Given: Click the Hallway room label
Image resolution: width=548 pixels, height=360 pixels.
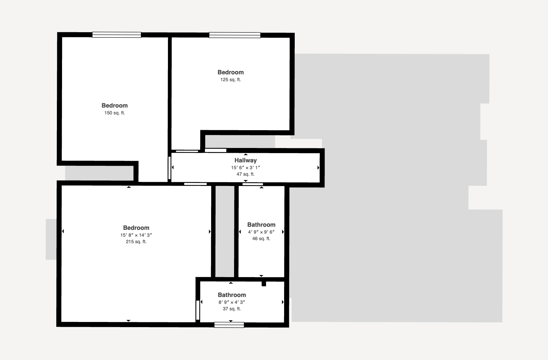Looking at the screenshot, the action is coord(246,160).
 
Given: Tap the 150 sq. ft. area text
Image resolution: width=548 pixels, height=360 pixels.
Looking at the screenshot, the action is coord(115,113).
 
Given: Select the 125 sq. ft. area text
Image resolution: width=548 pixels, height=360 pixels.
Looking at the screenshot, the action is coord(231,80).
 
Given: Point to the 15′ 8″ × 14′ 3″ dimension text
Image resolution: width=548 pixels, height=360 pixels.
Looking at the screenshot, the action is coord(136,235).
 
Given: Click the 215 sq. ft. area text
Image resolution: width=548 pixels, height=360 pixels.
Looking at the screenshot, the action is coord(136,241).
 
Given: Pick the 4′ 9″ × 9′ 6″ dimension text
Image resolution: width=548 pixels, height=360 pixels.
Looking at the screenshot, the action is coord(261,232).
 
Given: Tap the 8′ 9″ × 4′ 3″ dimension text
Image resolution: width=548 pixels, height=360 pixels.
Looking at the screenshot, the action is coord(232,302).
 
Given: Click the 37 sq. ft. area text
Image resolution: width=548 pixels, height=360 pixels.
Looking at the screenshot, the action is coord(232,309).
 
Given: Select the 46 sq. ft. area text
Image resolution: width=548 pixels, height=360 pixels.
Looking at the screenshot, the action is coord(261,238).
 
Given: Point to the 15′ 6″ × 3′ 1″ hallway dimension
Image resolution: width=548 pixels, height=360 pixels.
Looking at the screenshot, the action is coord(246,168).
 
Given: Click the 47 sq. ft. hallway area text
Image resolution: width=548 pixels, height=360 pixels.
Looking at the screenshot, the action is coord(246,174).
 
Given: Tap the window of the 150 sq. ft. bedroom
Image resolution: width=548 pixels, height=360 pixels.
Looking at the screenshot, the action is coord(117,35).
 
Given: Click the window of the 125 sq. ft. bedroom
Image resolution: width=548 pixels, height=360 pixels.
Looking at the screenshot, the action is coord(235,35).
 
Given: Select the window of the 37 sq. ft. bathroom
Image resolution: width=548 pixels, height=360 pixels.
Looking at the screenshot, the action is coord(229,325).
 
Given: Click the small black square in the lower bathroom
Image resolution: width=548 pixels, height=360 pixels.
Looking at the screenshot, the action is coord(264,284).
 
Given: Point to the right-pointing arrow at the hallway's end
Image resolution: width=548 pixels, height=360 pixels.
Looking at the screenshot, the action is coord(318,167).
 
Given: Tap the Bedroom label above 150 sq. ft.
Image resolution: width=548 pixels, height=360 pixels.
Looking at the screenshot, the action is coord(115,105).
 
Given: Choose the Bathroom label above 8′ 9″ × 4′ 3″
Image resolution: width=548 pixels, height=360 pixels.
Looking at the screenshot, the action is coord(232,295).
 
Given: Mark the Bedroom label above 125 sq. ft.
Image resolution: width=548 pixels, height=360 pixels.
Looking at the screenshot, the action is coord(231,72).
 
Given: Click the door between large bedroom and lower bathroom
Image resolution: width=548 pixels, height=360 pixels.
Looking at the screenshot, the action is coord(198,310).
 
